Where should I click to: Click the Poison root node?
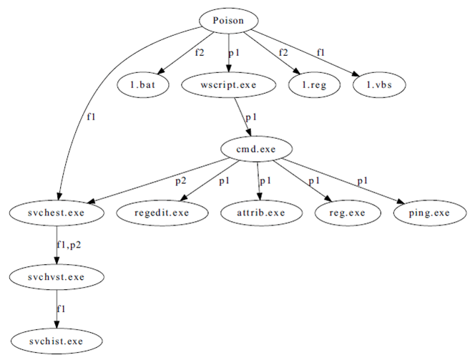tap(229, 21)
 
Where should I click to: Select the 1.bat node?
tap(143, 85)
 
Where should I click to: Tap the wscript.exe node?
tap(229, 85)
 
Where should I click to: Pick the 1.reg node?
tap(313, 85)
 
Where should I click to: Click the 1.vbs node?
tap(378, 85)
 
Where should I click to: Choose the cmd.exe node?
tap(255, 149)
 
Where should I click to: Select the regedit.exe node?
tap(162, 213)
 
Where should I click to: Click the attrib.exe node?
tap(261, 213)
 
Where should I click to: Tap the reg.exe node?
tap(344, 213)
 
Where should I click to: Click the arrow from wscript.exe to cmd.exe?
tap(243, 117)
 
